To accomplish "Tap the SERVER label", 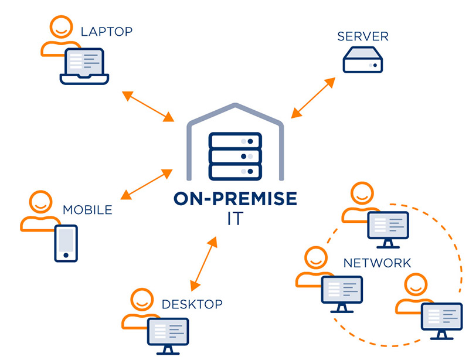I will [363, 37].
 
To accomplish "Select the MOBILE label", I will [87, 209].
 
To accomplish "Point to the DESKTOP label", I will [192, 304].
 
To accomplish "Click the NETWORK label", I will [377, 262].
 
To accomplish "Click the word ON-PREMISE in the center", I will [235, 199].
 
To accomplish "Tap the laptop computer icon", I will [85, 65].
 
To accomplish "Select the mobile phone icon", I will [66, 243].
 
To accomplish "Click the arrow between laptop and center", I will [147, 106].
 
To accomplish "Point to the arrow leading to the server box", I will [317, 96].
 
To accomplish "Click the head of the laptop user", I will [60, 27].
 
